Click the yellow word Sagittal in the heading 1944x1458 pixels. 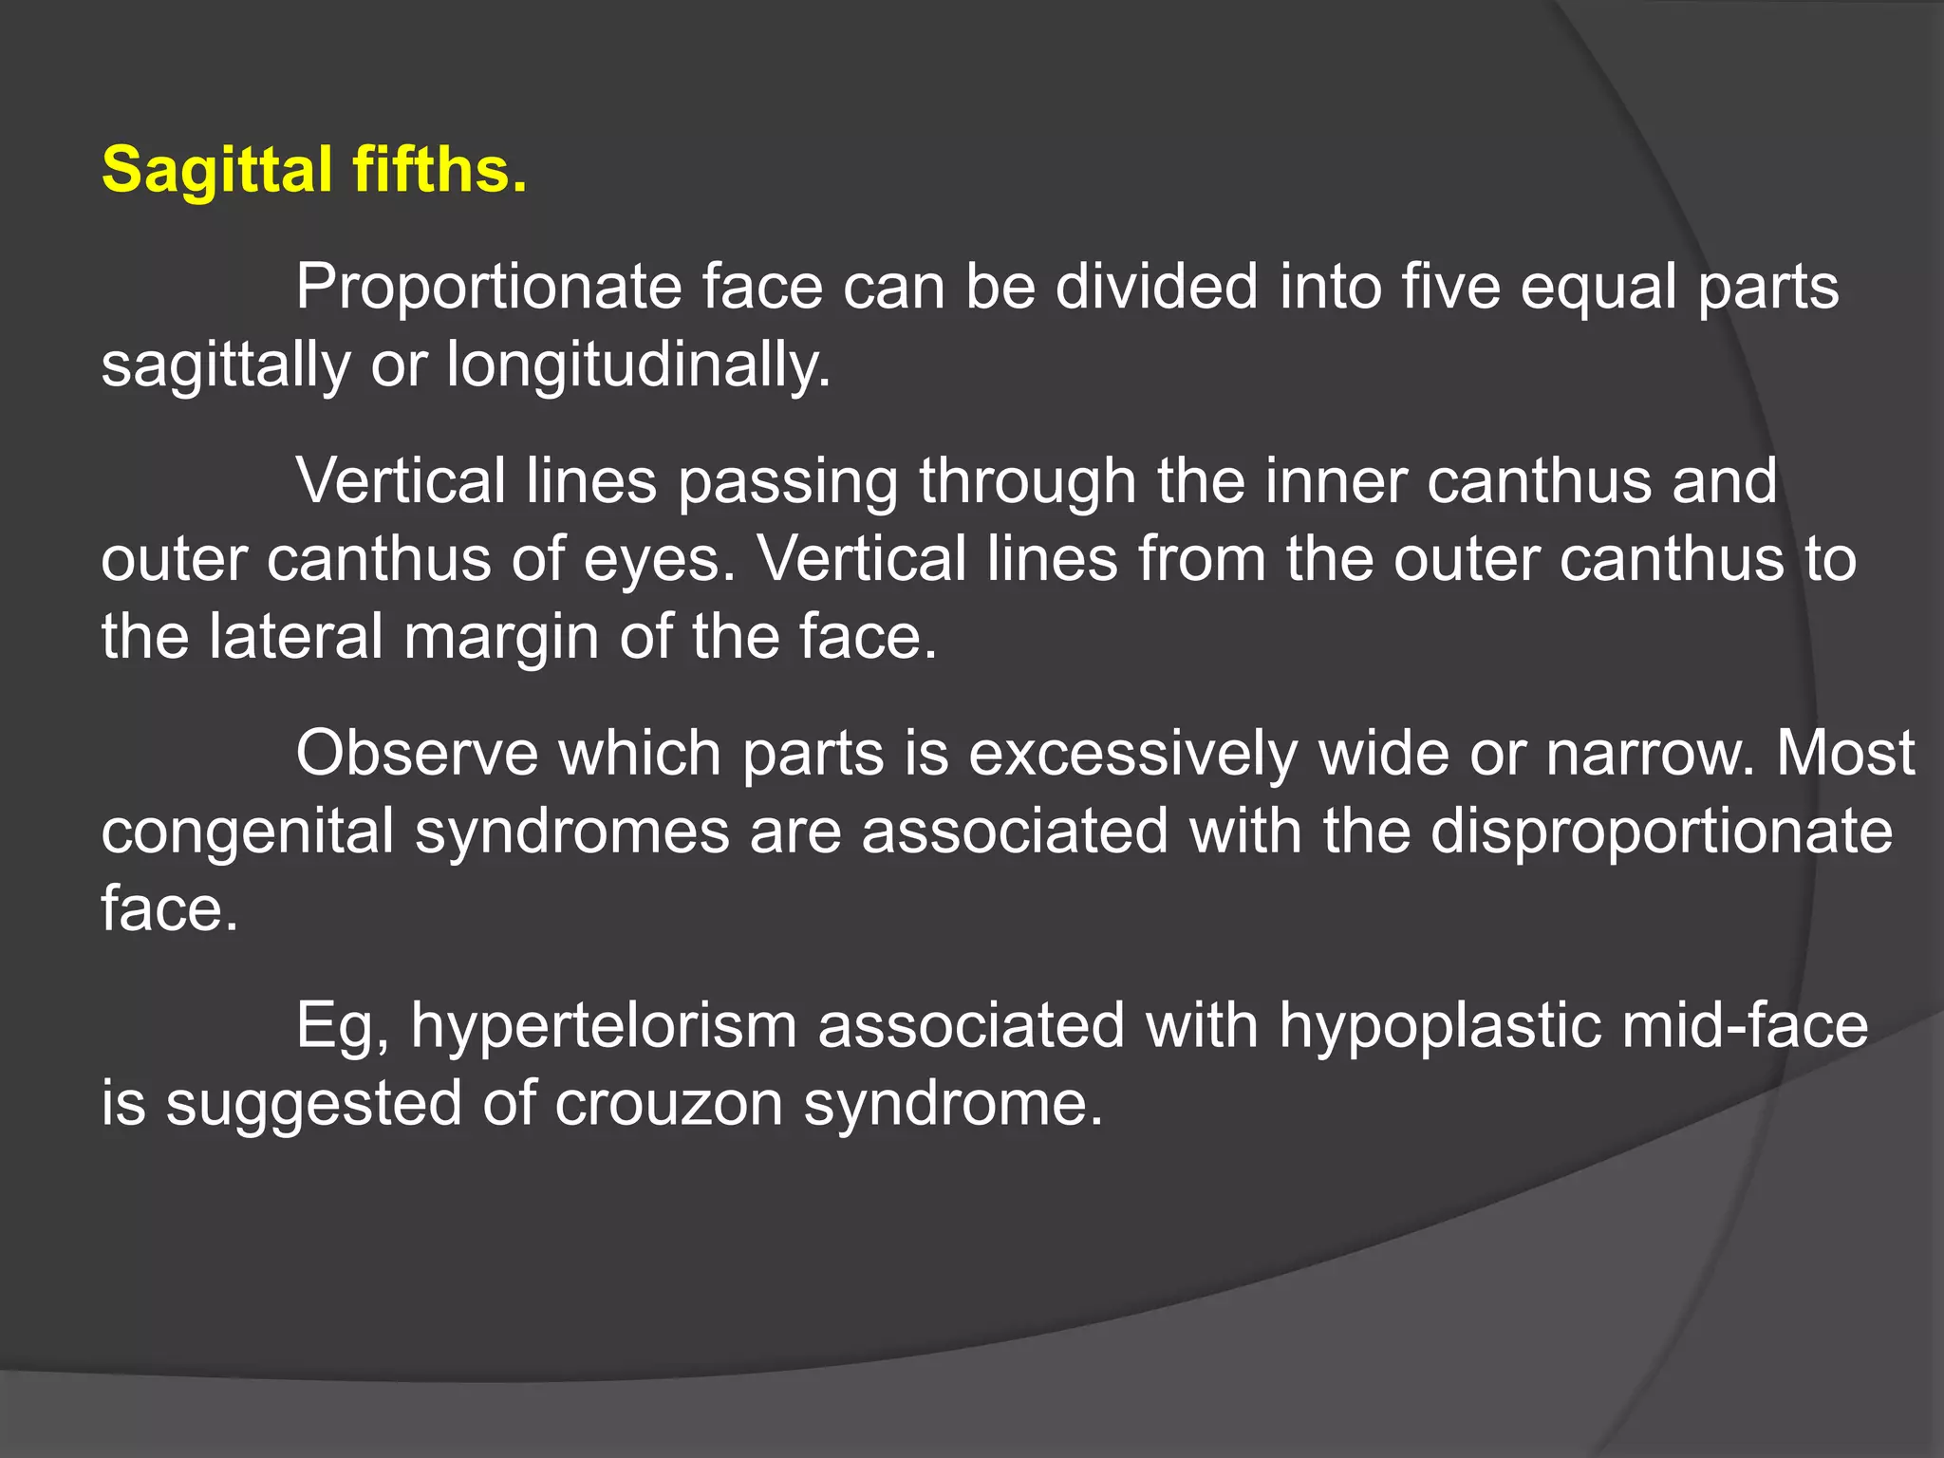(x=216, y=171)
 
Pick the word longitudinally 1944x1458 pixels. (x=638, y=365)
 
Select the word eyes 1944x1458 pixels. (x=660, y=559)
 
